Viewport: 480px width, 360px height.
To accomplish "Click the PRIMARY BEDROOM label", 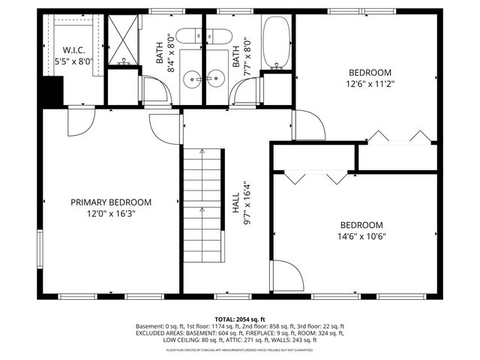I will [x=111, y=202].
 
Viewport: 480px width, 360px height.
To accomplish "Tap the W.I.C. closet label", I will [x=73, y=50].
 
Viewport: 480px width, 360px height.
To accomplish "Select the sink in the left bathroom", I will [x=194, y=76].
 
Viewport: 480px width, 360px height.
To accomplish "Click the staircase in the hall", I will [x=203, y=206].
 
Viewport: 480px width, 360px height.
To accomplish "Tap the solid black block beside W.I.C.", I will [x=51, y=92].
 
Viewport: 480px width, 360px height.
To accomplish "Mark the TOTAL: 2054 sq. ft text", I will [x=240, y=319].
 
